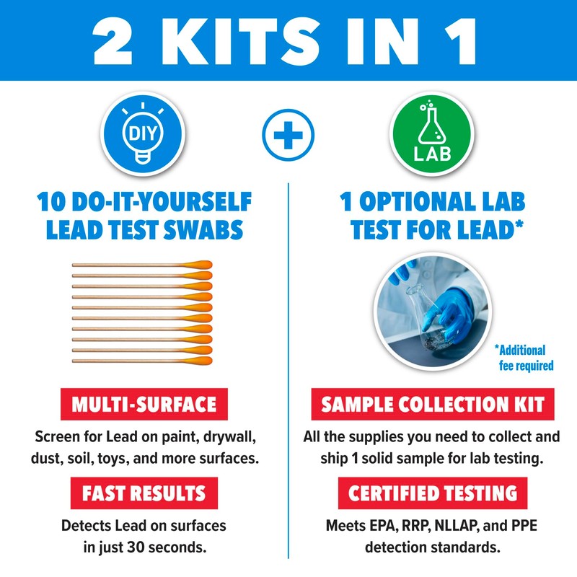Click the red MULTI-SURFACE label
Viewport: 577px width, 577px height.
[144, 405]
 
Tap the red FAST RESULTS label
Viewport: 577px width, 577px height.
[144, 493]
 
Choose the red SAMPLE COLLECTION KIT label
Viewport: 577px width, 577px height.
[433, 405]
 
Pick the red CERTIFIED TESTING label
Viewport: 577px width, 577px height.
[433, 493]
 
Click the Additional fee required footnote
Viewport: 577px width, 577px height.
[524, 358]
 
